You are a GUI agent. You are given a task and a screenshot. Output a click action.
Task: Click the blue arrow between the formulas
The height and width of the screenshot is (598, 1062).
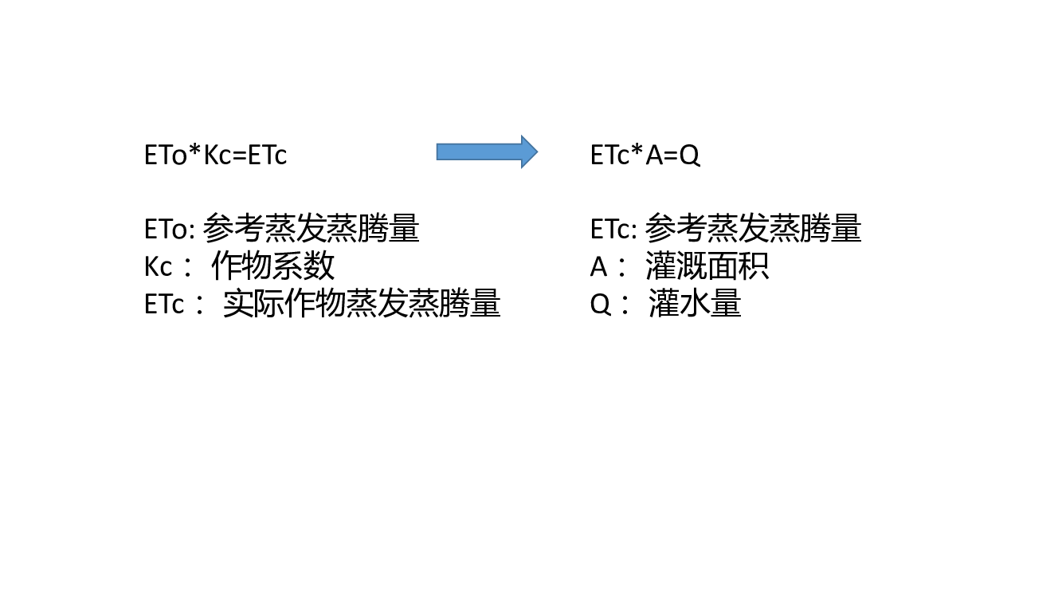(487, 151)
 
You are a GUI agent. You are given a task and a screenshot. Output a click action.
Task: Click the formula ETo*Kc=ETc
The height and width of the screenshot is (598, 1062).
(216, 155)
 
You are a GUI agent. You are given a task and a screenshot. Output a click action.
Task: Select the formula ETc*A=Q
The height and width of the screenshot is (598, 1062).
(645, 155)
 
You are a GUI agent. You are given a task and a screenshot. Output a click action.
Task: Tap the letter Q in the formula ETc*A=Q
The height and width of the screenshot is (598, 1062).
(690, 155)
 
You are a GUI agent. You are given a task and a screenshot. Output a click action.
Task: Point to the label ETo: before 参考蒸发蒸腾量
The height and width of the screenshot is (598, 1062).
(170, 230)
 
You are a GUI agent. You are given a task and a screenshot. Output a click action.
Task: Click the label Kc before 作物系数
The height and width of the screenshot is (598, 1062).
(158, 267)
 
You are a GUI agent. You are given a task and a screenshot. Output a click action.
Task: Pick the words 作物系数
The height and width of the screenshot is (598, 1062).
(273, 266)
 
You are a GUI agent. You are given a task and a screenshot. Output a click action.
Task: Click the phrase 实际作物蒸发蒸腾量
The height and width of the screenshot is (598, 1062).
(362, 303)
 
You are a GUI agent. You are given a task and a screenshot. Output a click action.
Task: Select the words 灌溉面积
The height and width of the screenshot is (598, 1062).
(707, 266)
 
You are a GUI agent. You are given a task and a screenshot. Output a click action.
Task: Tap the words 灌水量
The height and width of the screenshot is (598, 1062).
(695, 303)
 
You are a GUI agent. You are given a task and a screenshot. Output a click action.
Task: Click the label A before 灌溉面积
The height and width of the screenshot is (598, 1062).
(598, 267)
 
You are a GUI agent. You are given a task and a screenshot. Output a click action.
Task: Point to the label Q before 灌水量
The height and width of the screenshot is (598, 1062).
(600, 305)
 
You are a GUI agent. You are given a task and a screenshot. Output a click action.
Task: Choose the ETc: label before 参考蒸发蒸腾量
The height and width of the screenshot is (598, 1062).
(613, 230)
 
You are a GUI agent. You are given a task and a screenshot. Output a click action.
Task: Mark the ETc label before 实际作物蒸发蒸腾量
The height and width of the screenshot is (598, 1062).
(164, 305)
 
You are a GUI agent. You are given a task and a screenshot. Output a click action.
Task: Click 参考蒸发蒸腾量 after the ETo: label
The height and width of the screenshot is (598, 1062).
(311, 228)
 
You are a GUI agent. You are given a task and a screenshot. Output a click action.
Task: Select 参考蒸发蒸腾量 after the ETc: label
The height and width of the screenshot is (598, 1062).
(753, 228)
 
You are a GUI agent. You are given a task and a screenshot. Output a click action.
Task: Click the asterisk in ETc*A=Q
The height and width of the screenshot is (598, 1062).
(637, 150)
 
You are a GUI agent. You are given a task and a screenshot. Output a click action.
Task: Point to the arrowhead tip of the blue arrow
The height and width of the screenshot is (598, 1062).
(538, 151)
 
